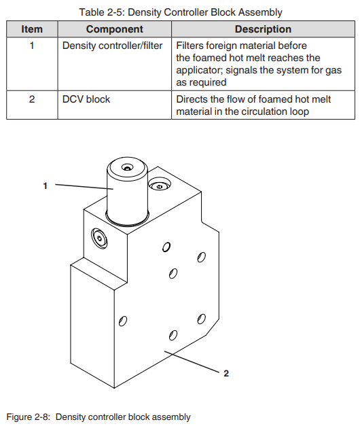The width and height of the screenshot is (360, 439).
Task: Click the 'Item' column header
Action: (32, 29)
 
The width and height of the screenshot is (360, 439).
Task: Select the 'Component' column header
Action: (115, 29)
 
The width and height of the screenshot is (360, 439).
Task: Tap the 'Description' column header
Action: (263, 29)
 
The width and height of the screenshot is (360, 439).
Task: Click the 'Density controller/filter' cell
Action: (112, 46)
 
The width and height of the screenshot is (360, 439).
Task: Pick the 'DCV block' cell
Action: (86, 99)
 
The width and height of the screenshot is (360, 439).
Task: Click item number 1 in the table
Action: (32, 46)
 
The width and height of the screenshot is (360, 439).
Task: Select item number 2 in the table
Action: (32, 99)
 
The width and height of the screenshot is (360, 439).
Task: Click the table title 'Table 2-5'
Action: (101, 12)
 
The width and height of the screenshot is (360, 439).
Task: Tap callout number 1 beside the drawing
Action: (45, 186)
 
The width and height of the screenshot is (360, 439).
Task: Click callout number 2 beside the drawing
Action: (226, 373)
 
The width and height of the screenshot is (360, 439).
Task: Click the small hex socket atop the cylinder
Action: (128, 168)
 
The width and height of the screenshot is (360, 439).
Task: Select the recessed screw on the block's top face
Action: (159, 186)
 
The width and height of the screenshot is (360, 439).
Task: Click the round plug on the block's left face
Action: (99, 239)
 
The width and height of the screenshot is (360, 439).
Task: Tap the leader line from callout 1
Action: (84, 187)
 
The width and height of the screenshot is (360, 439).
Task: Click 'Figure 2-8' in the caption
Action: (28, 417)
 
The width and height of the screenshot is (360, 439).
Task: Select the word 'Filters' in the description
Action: (190, 46)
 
